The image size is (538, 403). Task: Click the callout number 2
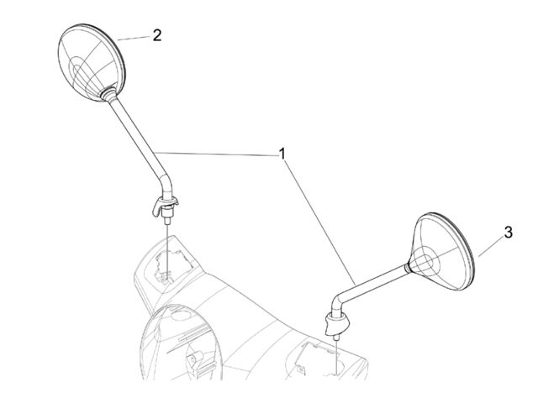point(157,35)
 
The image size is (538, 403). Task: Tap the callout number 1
point(282,154)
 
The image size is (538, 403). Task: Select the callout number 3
point(508,233)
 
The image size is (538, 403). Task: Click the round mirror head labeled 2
point(92,62)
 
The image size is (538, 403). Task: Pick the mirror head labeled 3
point(443,252)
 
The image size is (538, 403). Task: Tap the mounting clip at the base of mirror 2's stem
point(165,205)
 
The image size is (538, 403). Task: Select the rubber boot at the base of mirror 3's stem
point(337,323)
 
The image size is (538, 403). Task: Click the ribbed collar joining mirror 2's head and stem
point(108,93)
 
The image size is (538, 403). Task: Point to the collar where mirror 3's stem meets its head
point(408,267)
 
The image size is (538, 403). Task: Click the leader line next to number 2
point(134,38)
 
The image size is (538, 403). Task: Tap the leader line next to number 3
point(491,248)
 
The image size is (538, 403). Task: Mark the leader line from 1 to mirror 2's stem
point(215,154)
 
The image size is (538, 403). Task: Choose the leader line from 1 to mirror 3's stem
point(320,223)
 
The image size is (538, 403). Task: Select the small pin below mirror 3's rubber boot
point(336,337)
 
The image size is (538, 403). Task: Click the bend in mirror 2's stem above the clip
point(166,183)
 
